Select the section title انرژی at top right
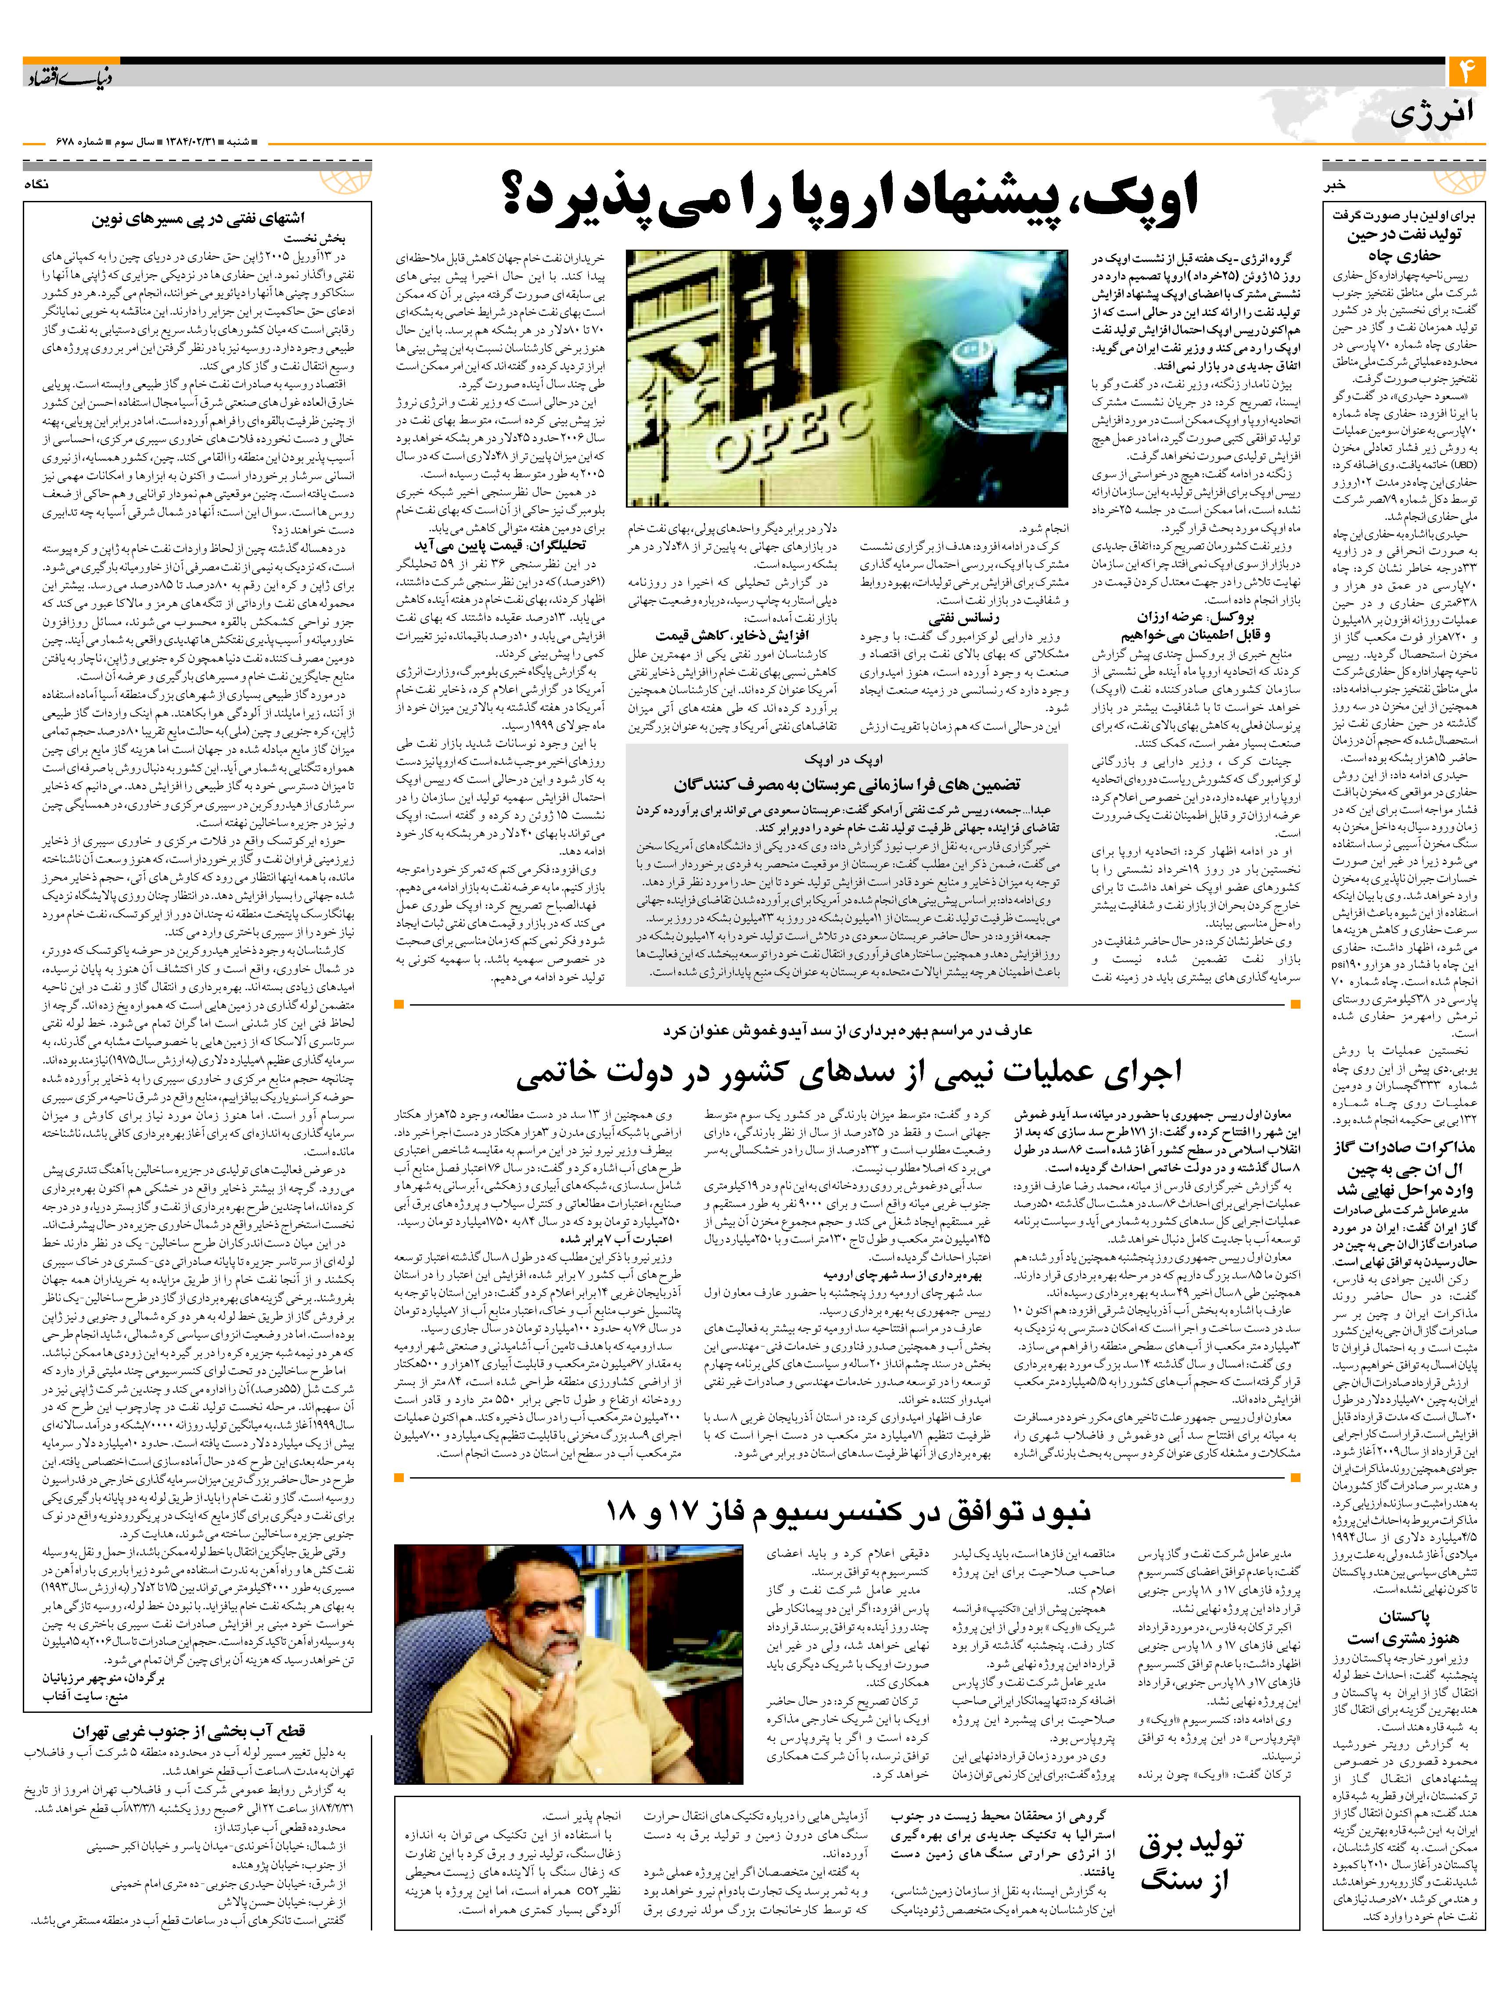pos(1432,115)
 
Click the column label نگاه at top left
pos(40,185)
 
